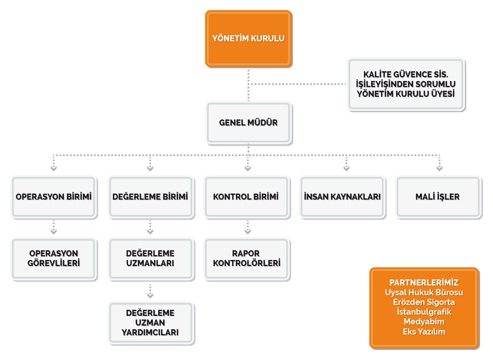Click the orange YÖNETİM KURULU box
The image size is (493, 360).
tap(248, 39)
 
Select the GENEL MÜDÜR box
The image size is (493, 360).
tap(249, 123)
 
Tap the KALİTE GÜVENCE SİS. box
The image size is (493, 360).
tap(406, 84)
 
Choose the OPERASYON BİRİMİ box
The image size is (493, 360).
tap(54, 197)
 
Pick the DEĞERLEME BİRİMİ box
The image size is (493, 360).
tap(151, 197)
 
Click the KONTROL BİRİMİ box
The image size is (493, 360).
tap(247, 197)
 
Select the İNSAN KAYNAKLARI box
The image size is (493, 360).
tap(343, 197)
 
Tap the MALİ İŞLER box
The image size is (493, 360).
tap(439, 197)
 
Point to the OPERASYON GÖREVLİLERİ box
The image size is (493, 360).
tap(54, 259)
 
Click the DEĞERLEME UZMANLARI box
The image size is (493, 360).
tap(151, 259)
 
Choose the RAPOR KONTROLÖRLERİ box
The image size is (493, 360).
tap(247, 259)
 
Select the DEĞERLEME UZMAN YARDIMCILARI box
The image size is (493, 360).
tap(151, 323)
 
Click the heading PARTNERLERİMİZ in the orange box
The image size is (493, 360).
tap(424, 283)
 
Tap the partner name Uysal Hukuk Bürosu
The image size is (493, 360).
tap(424, 293)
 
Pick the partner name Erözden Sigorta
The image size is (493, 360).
tap(424, 302)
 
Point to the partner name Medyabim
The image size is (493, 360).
tap(424, 322)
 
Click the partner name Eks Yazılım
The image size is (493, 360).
tap(424, 332)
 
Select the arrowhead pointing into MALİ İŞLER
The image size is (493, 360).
tap(439, 169)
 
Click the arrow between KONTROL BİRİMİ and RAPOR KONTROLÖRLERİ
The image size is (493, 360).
tap(248, 227)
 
